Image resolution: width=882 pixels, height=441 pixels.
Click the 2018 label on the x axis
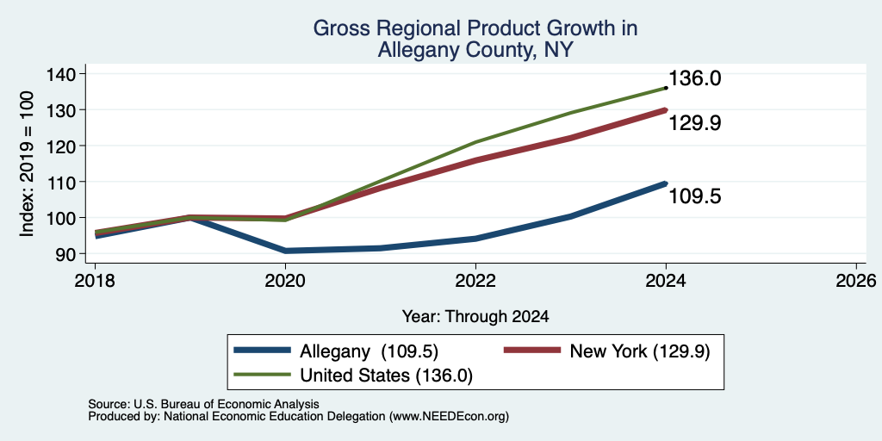pyautogui.click(x=95, y=280)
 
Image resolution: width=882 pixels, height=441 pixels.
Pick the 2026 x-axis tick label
pyautogui.click(x=856, y=280)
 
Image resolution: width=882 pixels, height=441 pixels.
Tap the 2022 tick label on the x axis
pyautogui.click(x=475, y=280)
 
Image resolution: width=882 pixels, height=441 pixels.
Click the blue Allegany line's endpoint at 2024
pyautogui.click(x=666, y=183)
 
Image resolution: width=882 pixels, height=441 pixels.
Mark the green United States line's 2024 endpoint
pyautogui.click(x=666, y=88)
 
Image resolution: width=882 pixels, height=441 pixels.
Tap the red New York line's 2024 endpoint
pyautogui.click(x=666, y=110)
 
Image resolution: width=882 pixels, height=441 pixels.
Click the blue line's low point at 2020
pyautogui.click(x=285, y=251)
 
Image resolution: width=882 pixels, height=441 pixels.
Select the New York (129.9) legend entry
pyautogui.click(x=606, y=351)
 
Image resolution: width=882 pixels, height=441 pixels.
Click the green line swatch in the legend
pyautogui.click(x=262, y=375)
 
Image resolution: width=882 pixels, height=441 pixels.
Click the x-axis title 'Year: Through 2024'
pyautogui.click(x=475, y=317)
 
